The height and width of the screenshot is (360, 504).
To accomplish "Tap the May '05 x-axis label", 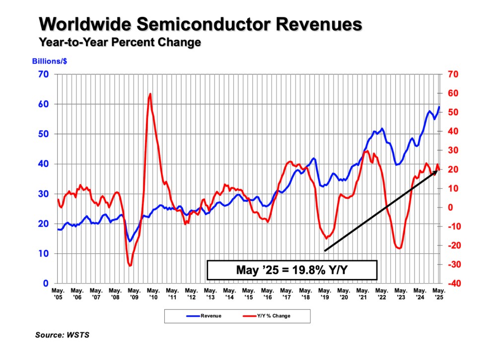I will (x=58, y=293).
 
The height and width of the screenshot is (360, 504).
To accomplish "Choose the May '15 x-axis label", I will (x=248, y=293).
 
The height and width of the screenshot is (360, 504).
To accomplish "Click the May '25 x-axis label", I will (x=439, y=293).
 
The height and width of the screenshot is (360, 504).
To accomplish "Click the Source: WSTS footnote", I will (x=62, y=335).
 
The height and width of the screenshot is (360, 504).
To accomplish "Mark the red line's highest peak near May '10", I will (x=150, y=94).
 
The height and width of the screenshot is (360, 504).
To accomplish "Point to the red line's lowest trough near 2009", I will (x=130, y=266).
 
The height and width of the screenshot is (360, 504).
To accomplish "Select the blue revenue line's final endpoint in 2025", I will (x=439, y=107).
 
